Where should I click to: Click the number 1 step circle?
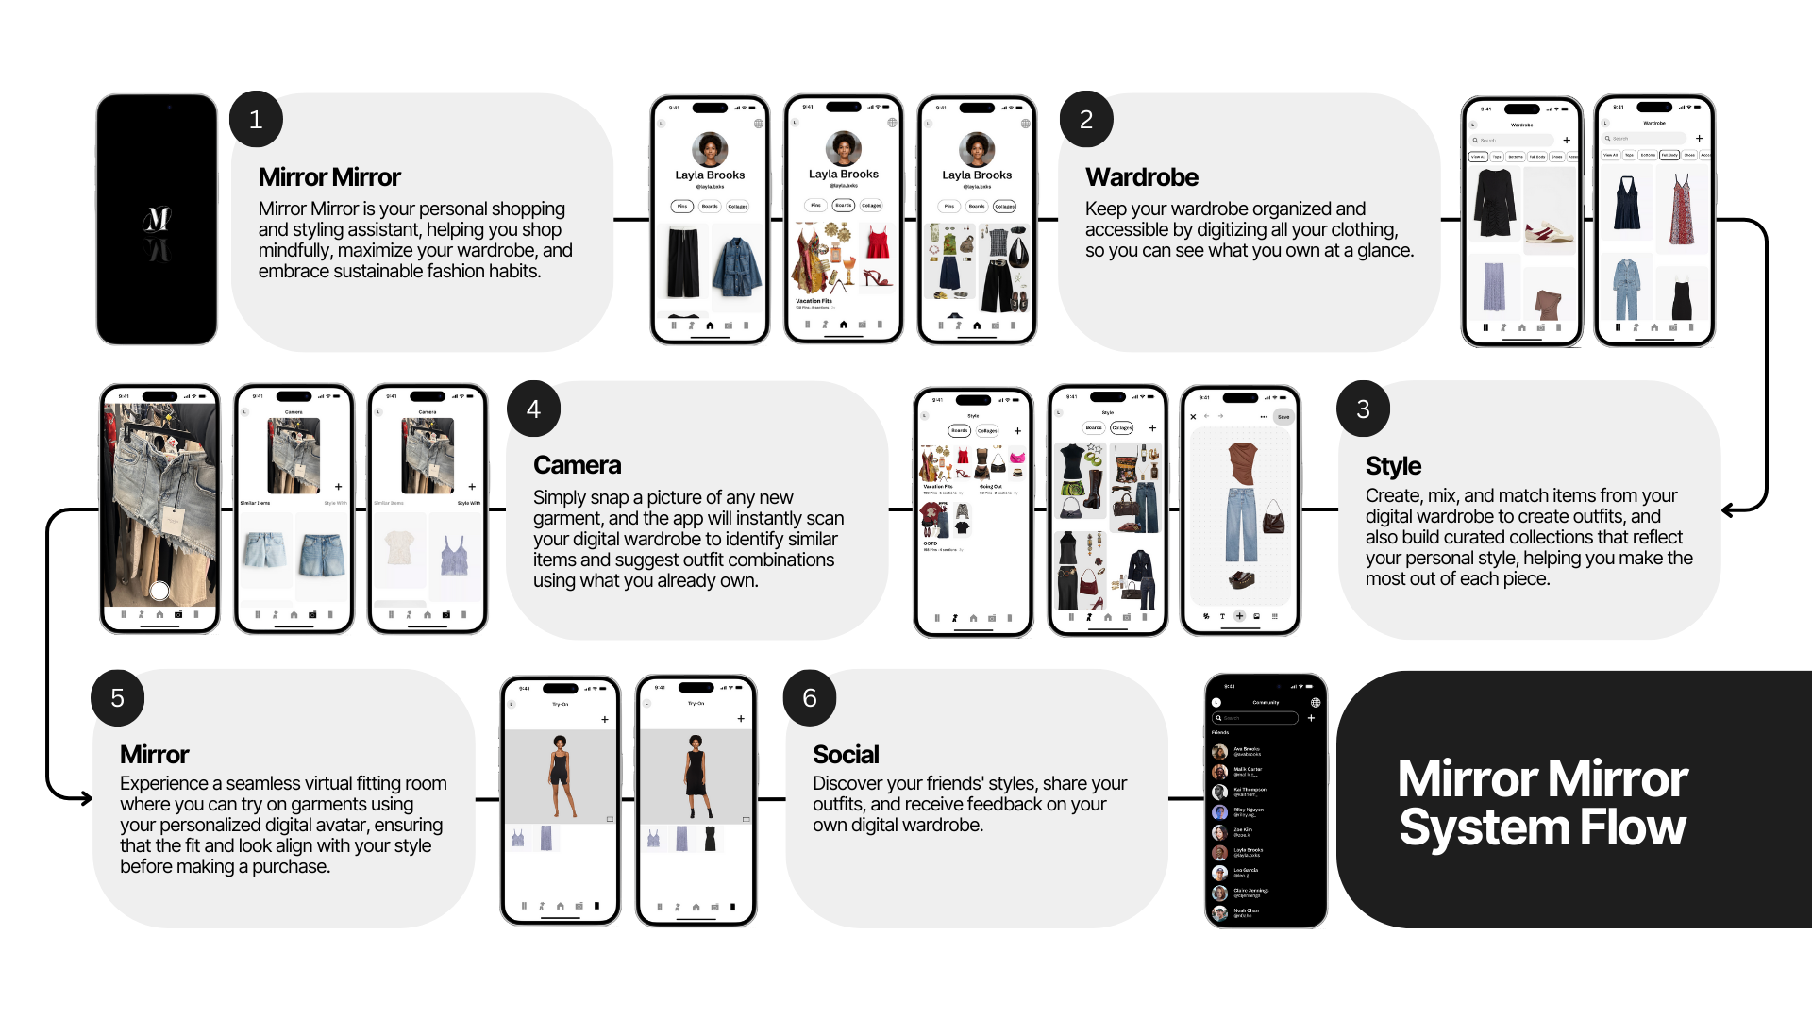256,120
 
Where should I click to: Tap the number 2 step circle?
1086,120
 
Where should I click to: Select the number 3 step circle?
1363,409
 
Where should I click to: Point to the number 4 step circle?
533,409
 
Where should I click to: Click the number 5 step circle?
118,698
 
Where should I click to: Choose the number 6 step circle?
810,698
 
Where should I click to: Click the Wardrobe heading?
1141,177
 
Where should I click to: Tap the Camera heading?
577,465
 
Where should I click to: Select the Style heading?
1393,466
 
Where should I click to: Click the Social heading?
846,755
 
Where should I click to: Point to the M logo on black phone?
157,221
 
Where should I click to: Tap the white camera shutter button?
159,591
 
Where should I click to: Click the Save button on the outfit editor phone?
1283,417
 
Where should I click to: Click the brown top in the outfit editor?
1242,463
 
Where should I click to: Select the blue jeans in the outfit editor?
1241,525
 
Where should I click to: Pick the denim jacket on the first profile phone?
737,268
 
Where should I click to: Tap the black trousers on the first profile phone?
683,263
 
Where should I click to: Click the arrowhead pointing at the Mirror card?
86,798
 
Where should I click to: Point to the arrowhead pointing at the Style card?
1728,510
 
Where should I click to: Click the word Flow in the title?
1633,828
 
